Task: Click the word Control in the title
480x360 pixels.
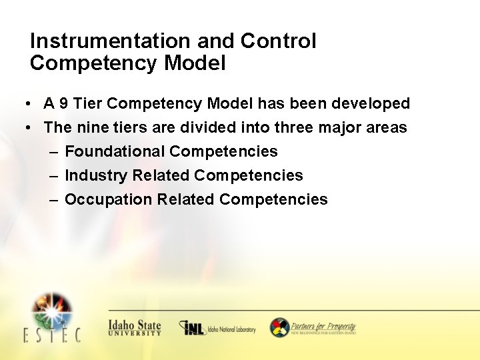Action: click(x=278, y=41)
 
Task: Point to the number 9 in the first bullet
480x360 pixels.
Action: click(x=64, y=104)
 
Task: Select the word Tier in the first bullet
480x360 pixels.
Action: click(x=87, y=104)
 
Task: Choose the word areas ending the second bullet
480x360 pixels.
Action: click(x=387, y=127)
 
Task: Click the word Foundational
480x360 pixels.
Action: click(x=115, y=152)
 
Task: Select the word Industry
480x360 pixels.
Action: click(x=96, y=176)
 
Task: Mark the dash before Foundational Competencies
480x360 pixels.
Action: click(x=53, y=152)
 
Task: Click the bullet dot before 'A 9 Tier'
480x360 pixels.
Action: click(x=23, y=105)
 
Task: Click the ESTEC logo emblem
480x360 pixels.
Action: click(x=52, y=311)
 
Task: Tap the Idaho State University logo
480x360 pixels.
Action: click(x=135, y=327)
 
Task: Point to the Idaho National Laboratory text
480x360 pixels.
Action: click(x=231, y=329)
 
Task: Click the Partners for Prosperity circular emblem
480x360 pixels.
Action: click(x=279, y=327)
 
